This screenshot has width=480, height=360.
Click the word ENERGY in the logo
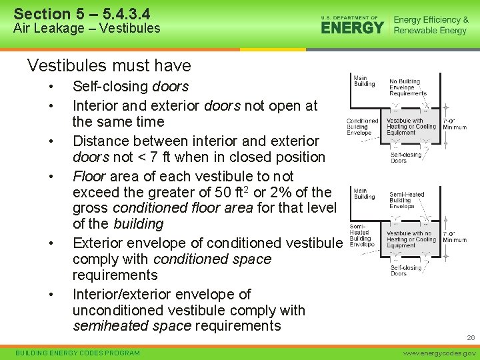pos(353,28)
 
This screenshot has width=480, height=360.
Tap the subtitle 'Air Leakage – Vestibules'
pos(87,28)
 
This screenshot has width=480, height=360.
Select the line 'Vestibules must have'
pos(109,65)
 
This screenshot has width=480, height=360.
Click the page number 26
pos(471,338)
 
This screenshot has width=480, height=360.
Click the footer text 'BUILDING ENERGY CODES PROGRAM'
pos(77,353)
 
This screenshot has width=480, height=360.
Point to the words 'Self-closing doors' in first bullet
pos(131,87)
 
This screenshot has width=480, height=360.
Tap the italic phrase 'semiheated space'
pos(132,326)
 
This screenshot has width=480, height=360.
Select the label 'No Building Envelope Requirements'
pos(407,87)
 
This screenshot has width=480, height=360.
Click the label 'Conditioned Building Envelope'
pos(363,127)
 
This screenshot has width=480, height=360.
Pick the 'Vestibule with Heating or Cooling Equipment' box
pos(411,127)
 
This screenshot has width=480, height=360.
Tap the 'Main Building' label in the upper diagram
pos(364,81)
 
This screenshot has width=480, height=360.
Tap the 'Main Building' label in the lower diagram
pos(364,193)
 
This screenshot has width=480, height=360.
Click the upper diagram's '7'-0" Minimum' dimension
pos(454,124)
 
